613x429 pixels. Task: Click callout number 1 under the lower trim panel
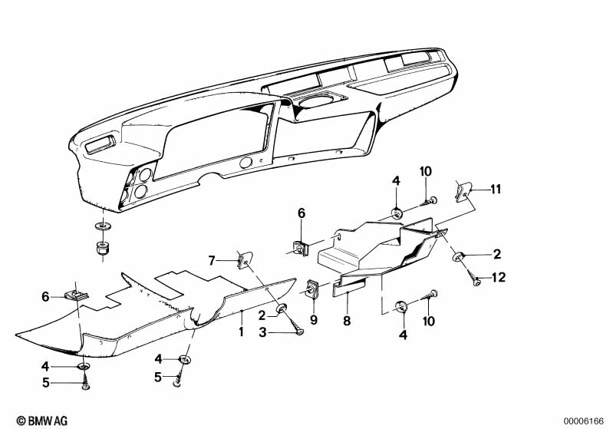(x=241, y=333)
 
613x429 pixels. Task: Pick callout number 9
(x=313, y=318)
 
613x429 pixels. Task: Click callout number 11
(x=495, y=188)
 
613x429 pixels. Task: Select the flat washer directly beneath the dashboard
(x=102, y=226)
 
